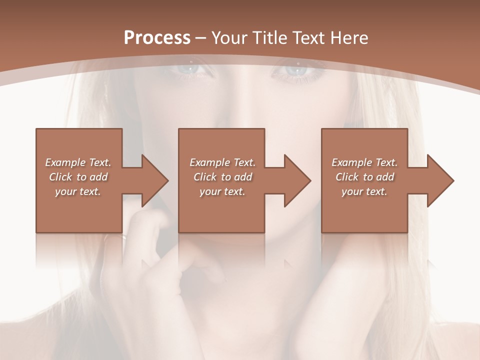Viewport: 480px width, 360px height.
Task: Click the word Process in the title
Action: [157, 38]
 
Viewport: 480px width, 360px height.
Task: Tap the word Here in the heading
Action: [349, 38]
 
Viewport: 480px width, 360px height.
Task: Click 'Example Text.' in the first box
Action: [78, 162]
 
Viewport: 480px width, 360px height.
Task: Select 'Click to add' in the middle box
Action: [222, 177]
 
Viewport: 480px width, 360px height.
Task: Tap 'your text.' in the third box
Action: [364, 191]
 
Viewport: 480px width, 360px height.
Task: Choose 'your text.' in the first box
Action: [78, 191]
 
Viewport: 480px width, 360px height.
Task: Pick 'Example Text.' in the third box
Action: [364, 162]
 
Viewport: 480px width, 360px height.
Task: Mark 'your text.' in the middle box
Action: [222, 191]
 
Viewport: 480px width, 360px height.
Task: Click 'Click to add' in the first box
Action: [78, 177]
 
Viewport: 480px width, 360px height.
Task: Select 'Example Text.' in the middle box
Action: [222, 162]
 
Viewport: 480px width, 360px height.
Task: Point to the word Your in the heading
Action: [230, 38]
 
